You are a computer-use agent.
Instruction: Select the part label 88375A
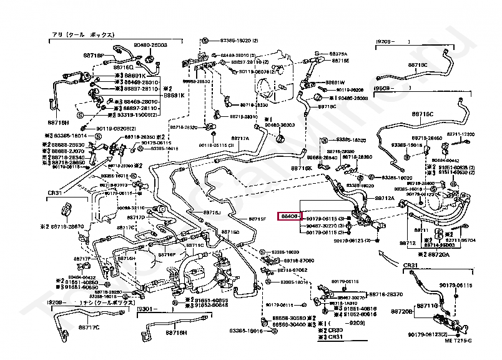point(338,54)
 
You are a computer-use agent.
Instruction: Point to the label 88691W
point(334,82)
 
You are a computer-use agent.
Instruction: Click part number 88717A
point(240,139)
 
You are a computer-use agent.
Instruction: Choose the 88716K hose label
point(301,169)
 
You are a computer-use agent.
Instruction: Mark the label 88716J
point(212,212)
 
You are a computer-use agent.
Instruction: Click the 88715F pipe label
point(257,219)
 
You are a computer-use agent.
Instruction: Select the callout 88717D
point(136,217)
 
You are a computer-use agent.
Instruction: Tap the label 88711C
point(195,246)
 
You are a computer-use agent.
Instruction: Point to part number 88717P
point(82,258)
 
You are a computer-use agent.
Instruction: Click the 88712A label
point(385,199)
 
